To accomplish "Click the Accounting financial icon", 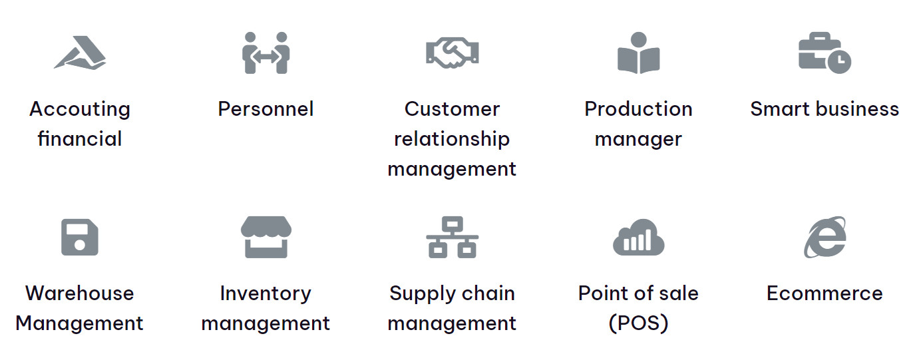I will (80, 53).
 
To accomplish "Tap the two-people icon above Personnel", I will (266, 53).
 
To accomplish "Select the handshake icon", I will (452, 53).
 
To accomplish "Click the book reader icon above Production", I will (638, 53).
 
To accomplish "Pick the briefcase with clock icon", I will (824, 54).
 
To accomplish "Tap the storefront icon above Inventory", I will (266, 237).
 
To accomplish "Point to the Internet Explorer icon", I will (825, 237).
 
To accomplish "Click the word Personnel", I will (266, 109).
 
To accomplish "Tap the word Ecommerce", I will (825, 293).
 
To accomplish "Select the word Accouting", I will (80, 109).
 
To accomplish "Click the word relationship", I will (452, 139).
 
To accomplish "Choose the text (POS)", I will (638, 323).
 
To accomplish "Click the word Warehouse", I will (80, 293).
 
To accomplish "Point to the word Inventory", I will (266, 293).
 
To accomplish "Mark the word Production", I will (638, 109).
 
